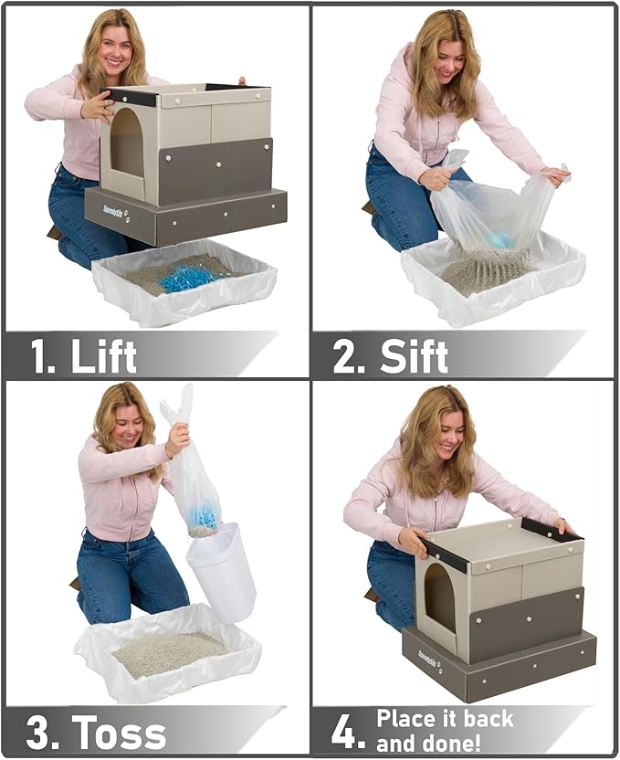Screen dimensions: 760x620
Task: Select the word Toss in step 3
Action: click(x=120, y=733)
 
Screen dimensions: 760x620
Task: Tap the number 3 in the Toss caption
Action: click(x=38, y=733)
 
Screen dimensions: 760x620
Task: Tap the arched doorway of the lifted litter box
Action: click(x=127, y=142)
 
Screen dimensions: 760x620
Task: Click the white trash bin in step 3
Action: click(x=221, y=570)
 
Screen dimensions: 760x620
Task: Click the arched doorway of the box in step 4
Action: click(x=440, y=596)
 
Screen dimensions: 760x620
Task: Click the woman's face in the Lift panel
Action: click(x=114, y=46)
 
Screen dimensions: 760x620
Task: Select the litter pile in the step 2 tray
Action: click(x=484, y=270)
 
